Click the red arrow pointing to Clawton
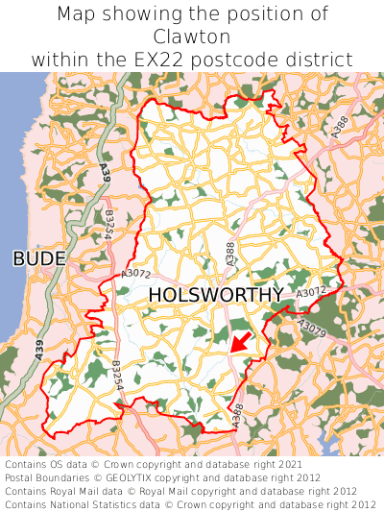point(241,343)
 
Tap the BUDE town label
point(39,258)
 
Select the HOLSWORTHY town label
point(216,294)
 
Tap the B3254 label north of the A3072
point(109,226)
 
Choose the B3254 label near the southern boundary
point(117,376)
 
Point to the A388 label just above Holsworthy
point(229,254)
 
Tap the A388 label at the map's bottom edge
point(237,416)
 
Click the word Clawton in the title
point(192,37)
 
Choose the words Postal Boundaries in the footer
point(48,477)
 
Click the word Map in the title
point(80,14)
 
